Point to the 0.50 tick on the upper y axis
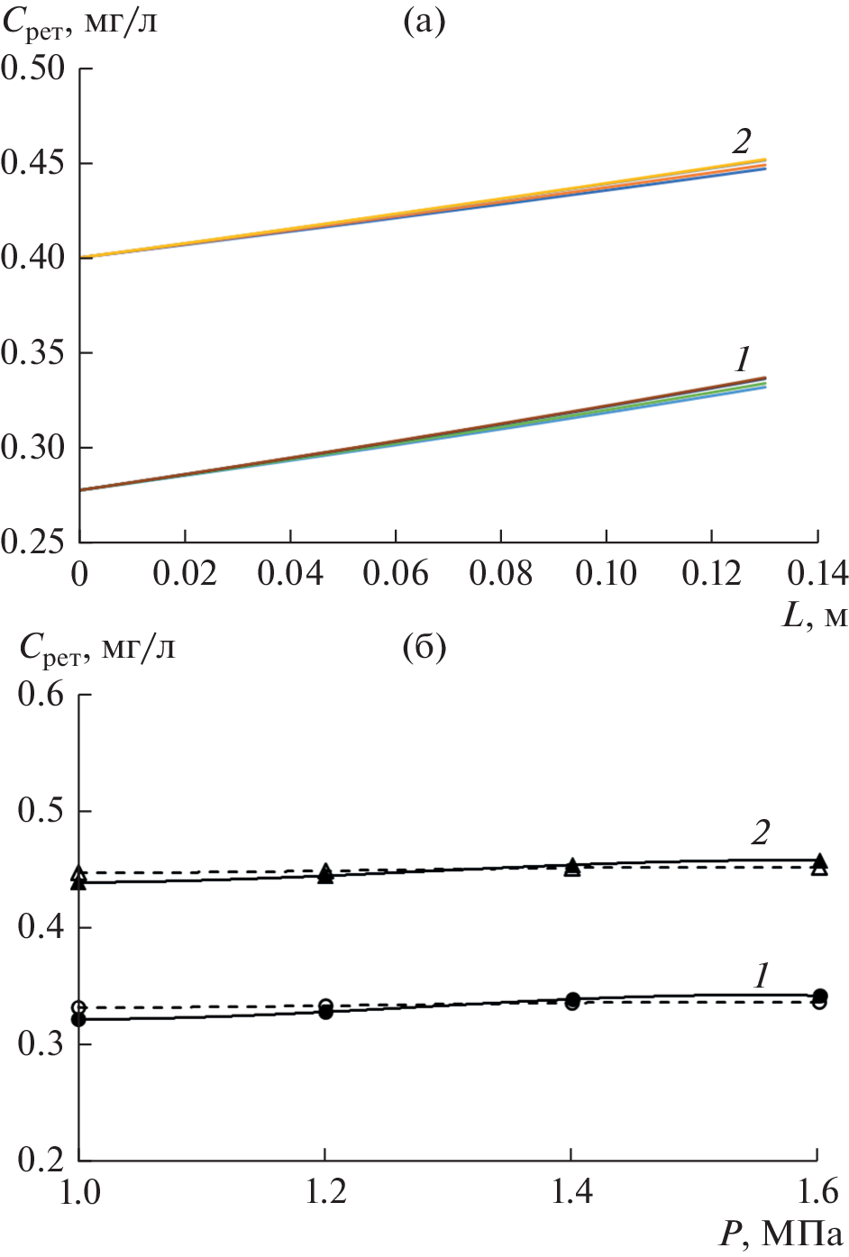[x=34, y=68]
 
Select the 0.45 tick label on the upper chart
[x=34, y=163]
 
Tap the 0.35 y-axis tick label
[x=34, y=352]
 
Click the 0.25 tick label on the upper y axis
[x=34, y=542]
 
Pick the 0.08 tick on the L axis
[x=501, y=574]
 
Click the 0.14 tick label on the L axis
[x=817, y=574]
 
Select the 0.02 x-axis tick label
[x=185, y=574]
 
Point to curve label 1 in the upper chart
[x=741, y=360]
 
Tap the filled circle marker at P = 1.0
[x=79, y=1019]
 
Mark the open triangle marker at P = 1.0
[x=79, y=872]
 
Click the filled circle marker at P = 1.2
[x=326, y=1013]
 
